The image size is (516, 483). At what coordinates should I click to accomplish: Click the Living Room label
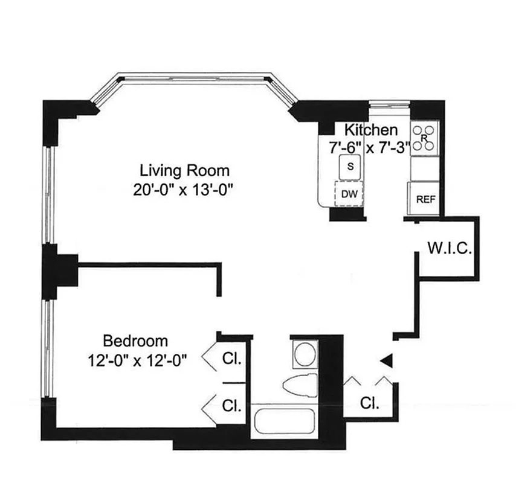click(x=184, y=170)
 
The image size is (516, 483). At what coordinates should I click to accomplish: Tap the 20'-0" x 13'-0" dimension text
click(x=184, y=190)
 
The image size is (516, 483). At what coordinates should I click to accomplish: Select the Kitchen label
click(x=371, y=130)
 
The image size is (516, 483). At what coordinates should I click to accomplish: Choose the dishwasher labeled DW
click(x=349, y=194)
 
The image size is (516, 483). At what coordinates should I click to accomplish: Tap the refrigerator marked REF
click(x=425, y=199)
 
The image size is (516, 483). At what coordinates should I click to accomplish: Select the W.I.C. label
click(x=449, y=248)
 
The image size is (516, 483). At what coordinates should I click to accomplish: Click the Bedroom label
click(x=135, y=341)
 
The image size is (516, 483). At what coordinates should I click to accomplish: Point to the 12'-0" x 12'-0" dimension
click(x=137, y=360)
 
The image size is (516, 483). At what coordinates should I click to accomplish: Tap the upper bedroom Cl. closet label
click(x=232, y=359)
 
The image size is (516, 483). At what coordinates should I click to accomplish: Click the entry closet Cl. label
click(x=370, y=403)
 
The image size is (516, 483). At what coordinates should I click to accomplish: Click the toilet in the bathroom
click(x=300, y=384)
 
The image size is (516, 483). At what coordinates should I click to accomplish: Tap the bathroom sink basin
click(x=304, y=353)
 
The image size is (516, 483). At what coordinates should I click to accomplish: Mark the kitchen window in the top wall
click(x=390, y=104)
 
